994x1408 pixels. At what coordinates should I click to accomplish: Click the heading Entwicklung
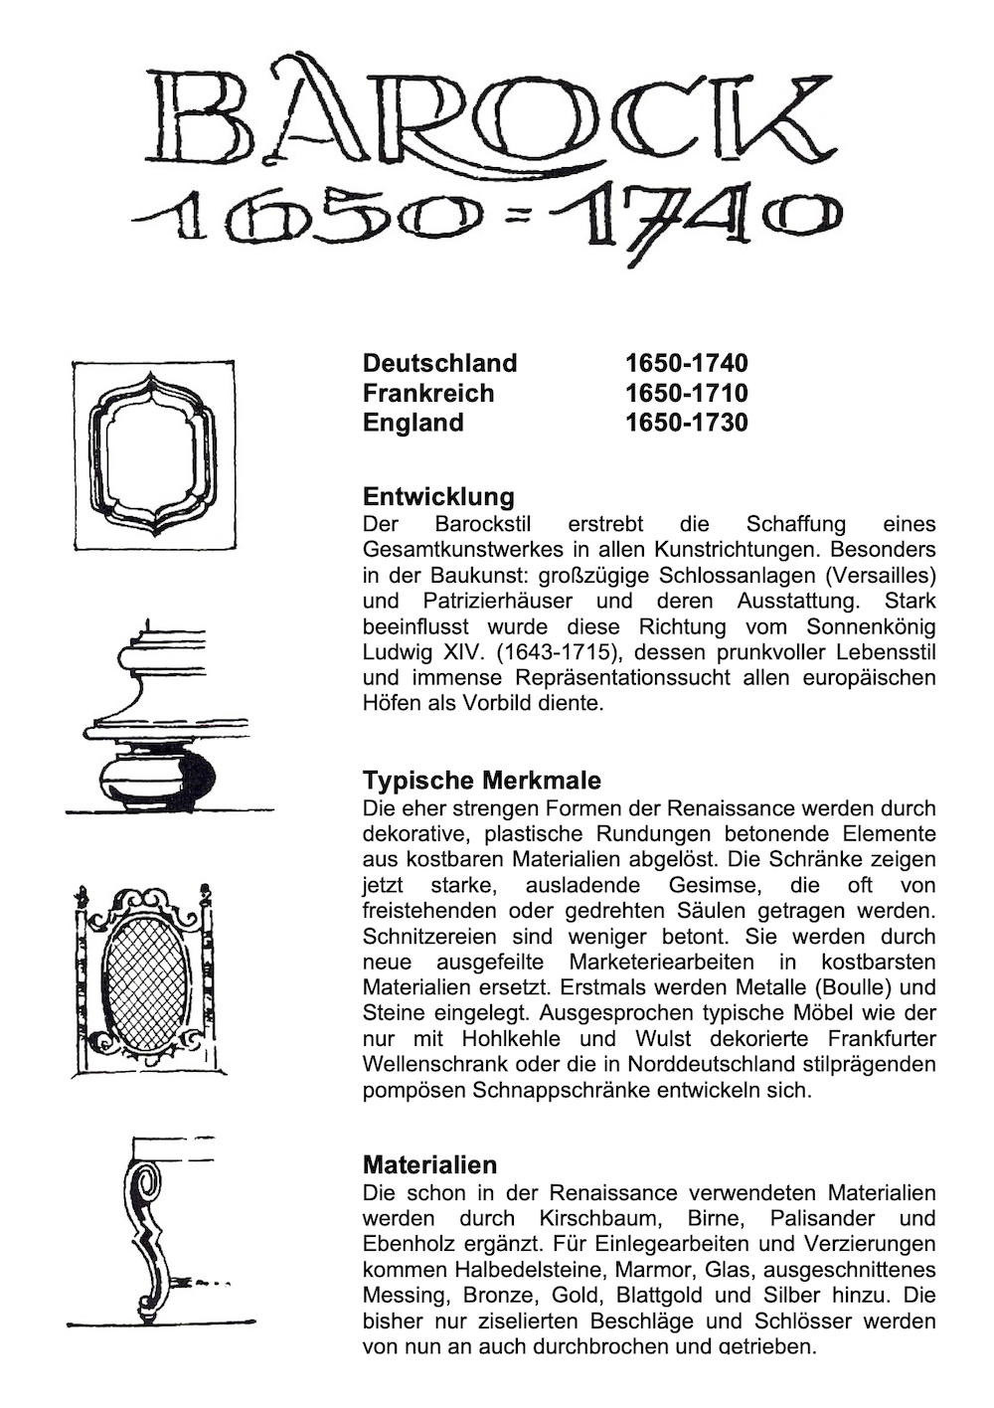pos(438,496)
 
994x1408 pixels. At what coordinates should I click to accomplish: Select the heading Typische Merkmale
pos(481,780)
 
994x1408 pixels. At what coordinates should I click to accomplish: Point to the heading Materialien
pos(429,1164)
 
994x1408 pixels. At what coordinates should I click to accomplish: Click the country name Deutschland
pos(439,363)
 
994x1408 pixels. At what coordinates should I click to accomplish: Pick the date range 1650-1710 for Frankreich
pos(686,393)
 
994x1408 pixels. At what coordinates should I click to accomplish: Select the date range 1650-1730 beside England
pos(686,423)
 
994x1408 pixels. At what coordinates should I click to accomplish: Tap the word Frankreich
pos(427,393)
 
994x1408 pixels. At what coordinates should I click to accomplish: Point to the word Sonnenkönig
pos(871,626)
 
